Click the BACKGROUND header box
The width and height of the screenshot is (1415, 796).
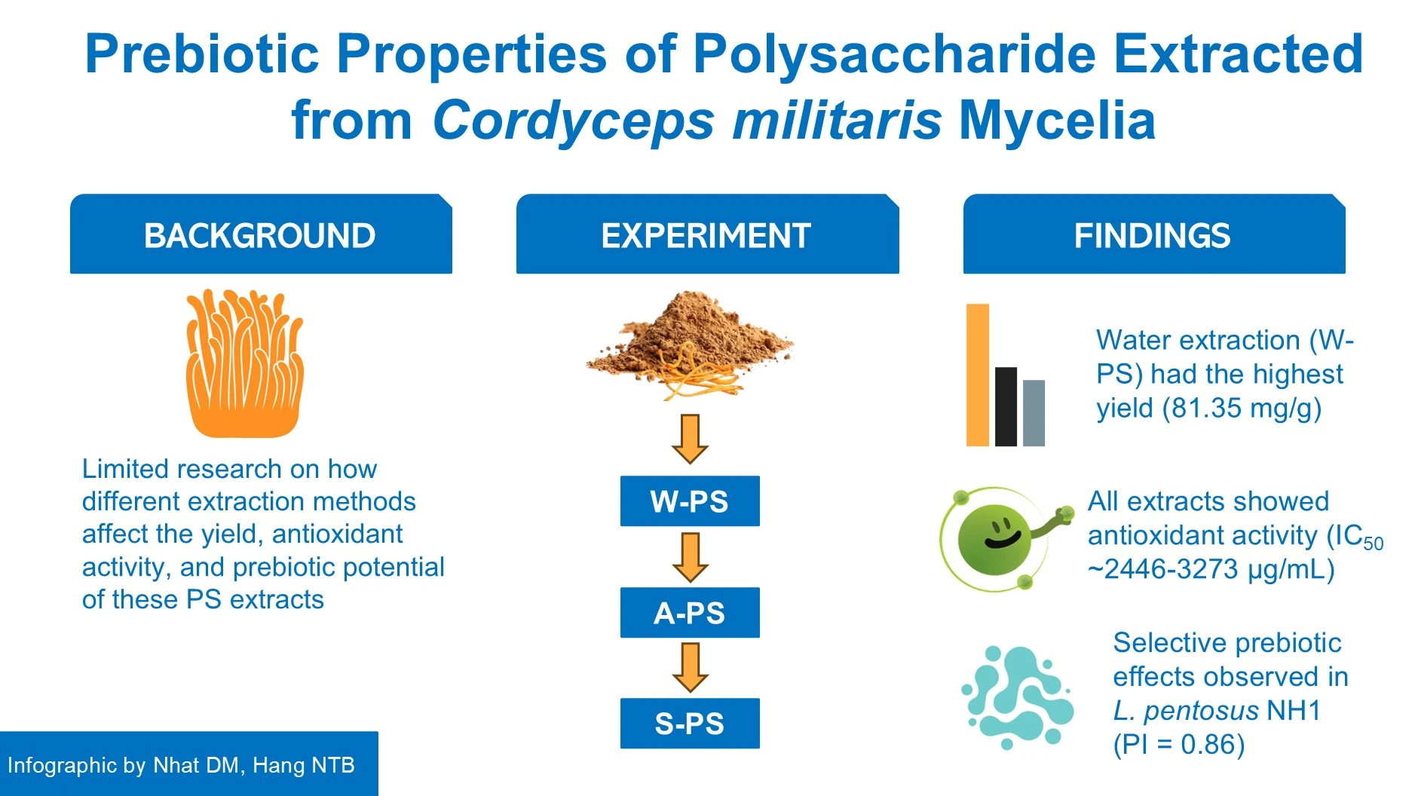(x=261, y=234)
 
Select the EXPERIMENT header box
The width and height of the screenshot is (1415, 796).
(x=707, y=234)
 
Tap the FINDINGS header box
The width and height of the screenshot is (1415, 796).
(x=1154, y=234)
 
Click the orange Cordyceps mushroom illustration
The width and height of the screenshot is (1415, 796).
(x=245, y=363)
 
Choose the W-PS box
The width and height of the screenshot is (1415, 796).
(x=690, y=501)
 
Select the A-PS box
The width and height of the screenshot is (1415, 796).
(x=690, y=613)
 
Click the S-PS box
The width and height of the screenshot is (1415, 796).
(x=690, y=724)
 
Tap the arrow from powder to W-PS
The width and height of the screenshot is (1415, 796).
(x=690, y=439)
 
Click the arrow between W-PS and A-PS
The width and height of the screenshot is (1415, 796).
(x=690, y=557)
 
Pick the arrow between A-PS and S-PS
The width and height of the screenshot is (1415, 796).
(x=690, y=667)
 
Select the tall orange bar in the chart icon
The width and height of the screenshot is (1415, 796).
(x=978, y=375)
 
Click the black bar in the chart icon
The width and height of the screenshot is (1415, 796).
(x=1006, y=407)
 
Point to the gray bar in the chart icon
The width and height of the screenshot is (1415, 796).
(x=1034, y=413)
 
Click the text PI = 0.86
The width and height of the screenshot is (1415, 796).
(x=1180, y=745)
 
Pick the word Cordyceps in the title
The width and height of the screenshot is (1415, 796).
(x=573, y=121)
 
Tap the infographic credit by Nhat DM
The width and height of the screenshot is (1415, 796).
(x=181, y=765)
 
